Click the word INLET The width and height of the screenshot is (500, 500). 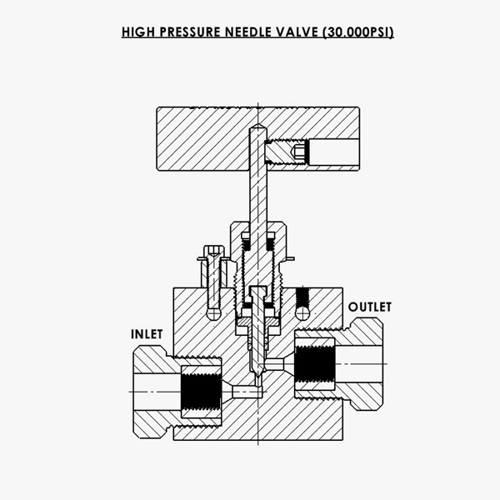click(146, 334)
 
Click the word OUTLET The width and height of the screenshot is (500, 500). click(369, 307)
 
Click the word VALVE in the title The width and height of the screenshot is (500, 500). click(303, 33)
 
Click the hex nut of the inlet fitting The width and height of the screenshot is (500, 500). click(155, 390)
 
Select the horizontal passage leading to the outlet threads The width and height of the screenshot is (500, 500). click(278, 363)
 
